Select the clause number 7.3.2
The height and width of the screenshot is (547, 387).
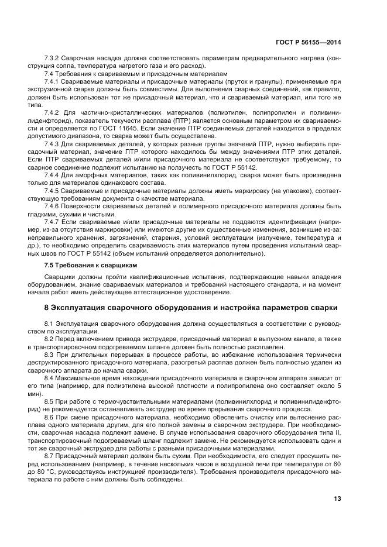point(53,59)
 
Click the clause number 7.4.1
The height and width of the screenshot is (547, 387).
point(53,82)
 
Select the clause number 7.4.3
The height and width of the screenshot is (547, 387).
point(53,143)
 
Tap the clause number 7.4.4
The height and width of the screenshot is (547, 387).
point(53,175)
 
